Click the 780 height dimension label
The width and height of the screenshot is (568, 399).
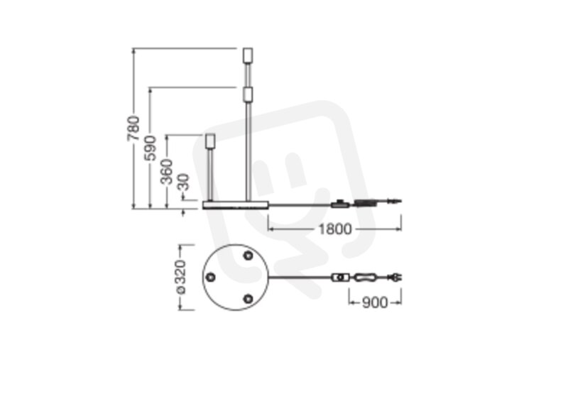click(133, 129)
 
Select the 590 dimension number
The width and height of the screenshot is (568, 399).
click(150, 148)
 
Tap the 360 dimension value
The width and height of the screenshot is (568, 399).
click(167, 172)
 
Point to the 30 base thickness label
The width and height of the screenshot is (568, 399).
click(184, 182)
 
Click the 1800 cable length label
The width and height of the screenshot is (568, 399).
click(334, 229)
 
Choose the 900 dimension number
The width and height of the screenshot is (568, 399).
click(375, 302)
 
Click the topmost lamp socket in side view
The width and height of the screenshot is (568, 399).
click(248, 56)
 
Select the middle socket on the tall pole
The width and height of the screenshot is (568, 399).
click(248, 94)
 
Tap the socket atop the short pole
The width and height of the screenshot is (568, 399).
click(210, 141)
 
